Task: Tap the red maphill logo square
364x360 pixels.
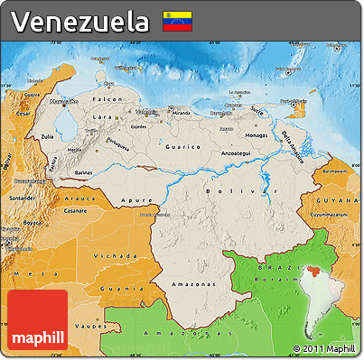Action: pyautogui.click(x=38, y=321)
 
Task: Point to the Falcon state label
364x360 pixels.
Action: pyautogui.click(x=109, y=98)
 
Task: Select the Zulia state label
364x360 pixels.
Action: pyautogui.click(x=47, y=138)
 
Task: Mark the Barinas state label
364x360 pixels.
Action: pyautogui.click(x=83, y=170)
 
